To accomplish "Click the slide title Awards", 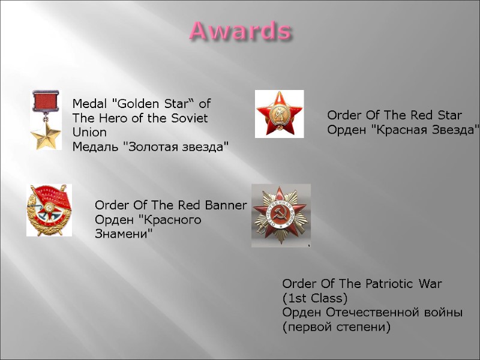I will [x=241, y=30].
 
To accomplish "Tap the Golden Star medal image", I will [x=46, y=120].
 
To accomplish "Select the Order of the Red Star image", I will [x=279, y=114].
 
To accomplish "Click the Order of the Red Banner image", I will [x=49, y=210].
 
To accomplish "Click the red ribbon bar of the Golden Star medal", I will [x=46, y=100].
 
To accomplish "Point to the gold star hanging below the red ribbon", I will [x=46, y=136].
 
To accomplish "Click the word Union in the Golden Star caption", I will [x=89, y=133].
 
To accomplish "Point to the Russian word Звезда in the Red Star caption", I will [x=454, y=129].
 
